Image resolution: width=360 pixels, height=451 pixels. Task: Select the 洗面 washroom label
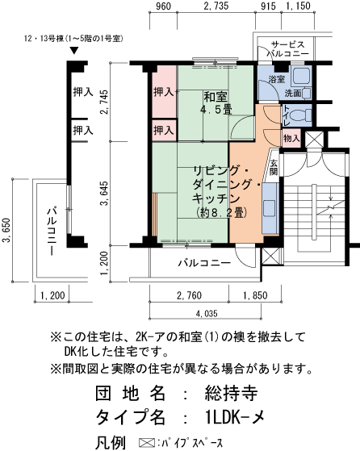tap(293, 94)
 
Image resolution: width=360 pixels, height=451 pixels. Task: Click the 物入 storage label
tap(291, 139)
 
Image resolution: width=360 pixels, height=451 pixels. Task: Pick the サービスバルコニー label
tap(287, 48)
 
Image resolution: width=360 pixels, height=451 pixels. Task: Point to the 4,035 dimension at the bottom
tap(206, 312)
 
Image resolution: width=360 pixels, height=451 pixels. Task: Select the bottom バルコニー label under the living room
tap(204, 263)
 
